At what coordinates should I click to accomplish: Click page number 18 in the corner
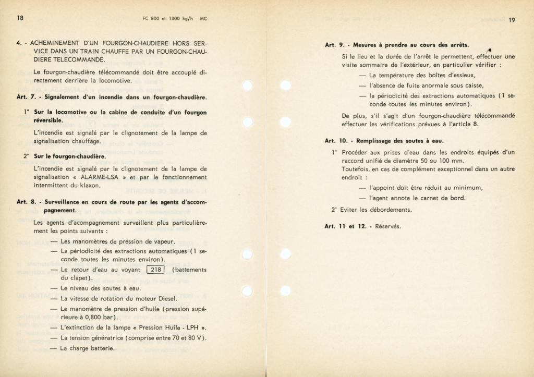pos(20,18)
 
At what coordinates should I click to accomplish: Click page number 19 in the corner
pos(512,20)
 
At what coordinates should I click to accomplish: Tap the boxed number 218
pos(155,270)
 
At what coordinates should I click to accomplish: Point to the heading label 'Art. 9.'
pos(334,45)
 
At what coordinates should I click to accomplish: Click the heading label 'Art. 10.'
pos(336,141)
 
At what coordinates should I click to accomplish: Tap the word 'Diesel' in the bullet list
pos(166,298)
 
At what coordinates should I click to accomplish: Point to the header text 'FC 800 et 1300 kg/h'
pos(164,18)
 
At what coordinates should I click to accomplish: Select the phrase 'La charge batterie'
pos(87,348)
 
